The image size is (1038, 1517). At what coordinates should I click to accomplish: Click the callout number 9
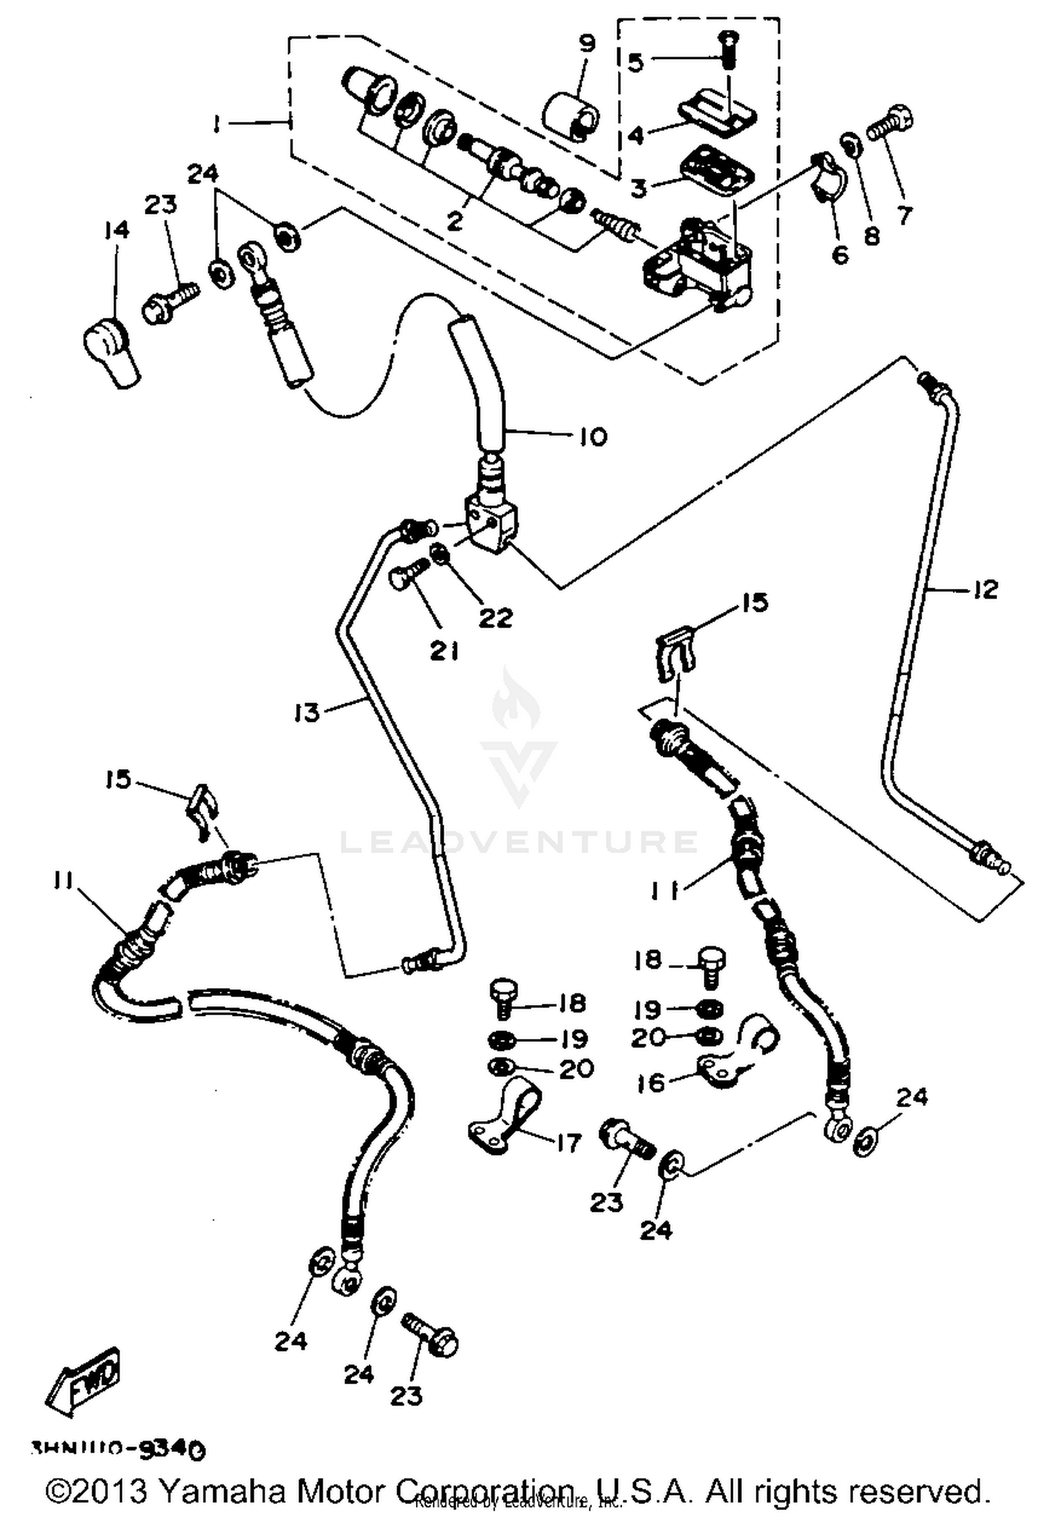click(x=587, y=45)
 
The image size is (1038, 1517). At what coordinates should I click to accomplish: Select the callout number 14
click(x=117, y=230)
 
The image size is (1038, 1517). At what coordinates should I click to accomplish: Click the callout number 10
click(x=592, y=437)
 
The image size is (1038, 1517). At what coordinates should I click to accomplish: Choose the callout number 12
click(x=985, y=590)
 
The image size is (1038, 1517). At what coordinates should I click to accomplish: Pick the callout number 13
click(x=307, y=711)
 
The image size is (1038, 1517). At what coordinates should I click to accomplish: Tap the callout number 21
click(x=444, y=651)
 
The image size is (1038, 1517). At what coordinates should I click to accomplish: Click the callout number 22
click(x=497, y=617)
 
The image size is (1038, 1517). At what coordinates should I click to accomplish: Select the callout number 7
click(x=904, y=215)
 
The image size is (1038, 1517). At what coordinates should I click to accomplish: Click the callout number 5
click(x=635, y=62)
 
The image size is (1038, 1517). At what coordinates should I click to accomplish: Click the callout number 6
click(x=839, y=255)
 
